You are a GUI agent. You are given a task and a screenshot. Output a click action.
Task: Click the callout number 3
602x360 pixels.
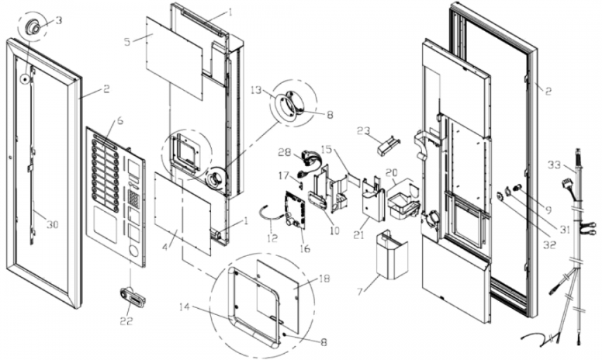coord(58,20)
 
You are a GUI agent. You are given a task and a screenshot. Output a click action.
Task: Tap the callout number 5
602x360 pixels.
coord(128,41)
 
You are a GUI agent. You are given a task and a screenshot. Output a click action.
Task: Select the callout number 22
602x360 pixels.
coord(127,321)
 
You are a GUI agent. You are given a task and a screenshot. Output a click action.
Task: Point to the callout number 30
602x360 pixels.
coord(53,224)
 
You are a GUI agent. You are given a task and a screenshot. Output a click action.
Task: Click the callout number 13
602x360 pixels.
coord(256,90)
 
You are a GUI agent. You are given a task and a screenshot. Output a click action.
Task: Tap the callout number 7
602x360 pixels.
coord(359,291)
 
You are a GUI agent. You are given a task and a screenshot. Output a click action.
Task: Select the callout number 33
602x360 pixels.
coord(554,165)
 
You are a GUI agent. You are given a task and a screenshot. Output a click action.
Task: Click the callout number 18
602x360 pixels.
coord(324,278)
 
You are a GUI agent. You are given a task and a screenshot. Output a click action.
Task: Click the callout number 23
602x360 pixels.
coord(363,132)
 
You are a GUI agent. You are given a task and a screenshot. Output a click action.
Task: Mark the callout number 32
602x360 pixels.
coord(549,244)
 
